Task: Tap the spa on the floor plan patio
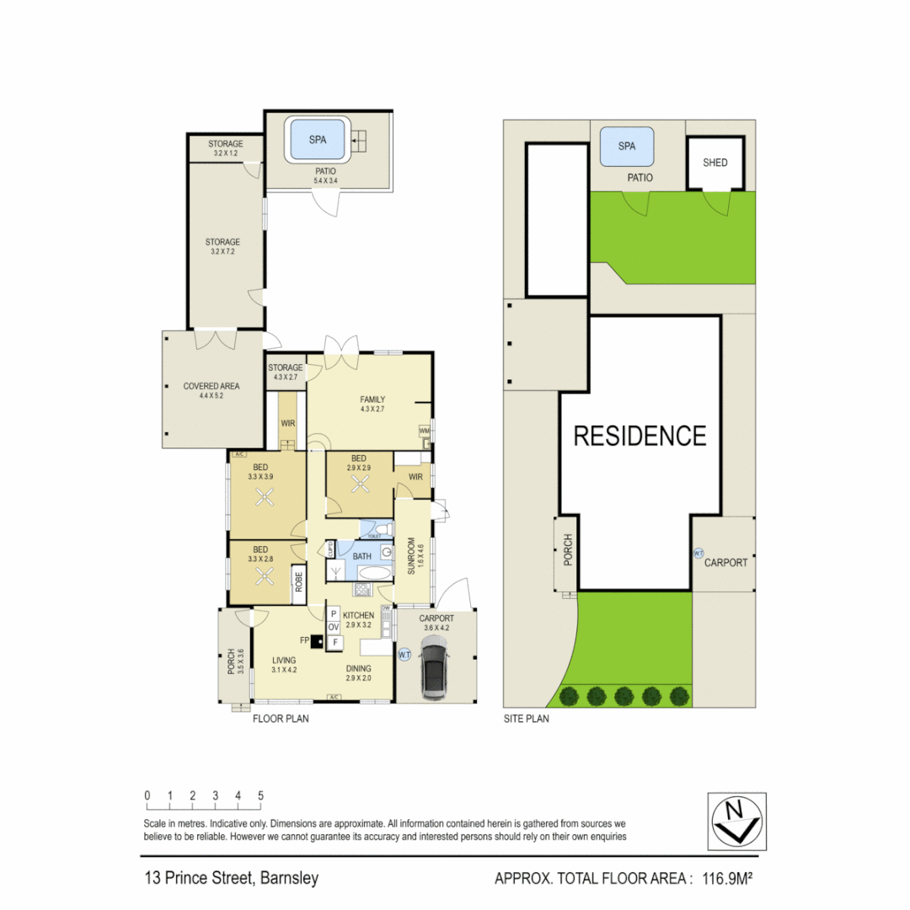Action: pos(318,140)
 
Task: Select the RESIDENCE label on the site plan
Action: pos(640,436)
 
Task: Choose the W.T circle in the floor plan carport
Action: pos(404,655)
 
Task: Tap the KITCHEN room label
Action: pos(357,616)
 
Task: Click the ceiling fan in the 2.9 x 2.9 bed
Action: pos(361,484)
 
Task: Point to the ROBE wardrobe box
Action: pos(298,585)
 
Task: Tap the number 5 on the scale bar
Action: pos(260,795)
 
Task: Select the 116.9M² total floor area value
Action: pos(722,879)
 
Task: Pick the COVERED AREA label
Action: pos(211,386)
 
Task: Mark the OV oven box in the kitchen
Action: pos(333,628)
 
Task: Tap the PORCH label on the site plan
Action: pos(568,549)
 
